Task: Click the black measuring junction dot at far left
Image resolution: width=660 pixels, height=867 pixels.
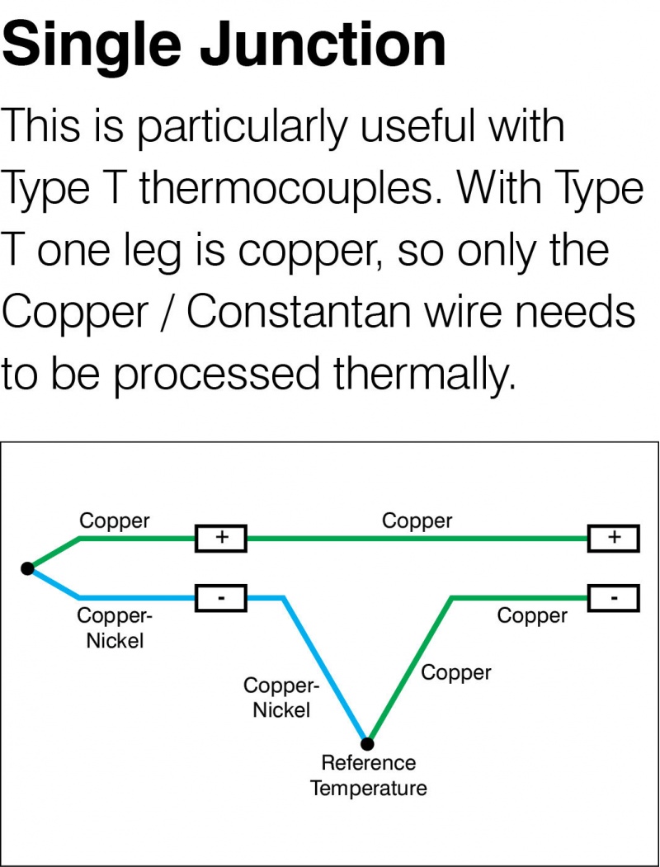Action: [27, 568]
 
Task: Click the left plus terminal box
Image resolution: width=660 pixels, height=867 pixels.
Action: [220, 539]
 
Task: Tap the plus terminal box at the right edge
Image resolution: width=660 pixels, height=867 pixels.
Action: [613, 539]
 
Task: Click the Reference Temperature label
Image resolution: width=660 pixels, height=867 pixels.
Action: [368, 775]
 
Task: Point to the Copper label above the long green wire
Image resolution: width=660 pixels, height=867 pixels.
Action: [417, 521]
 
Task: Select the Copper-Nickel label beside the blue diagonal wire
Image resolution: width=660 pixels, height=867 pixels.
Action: [280, 698]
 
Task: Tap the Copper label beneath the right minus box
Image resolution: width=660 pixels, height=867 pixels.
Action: [532, 615]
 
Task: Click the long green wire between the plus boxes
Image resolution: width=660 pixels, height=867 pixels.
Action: [417, 539]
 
